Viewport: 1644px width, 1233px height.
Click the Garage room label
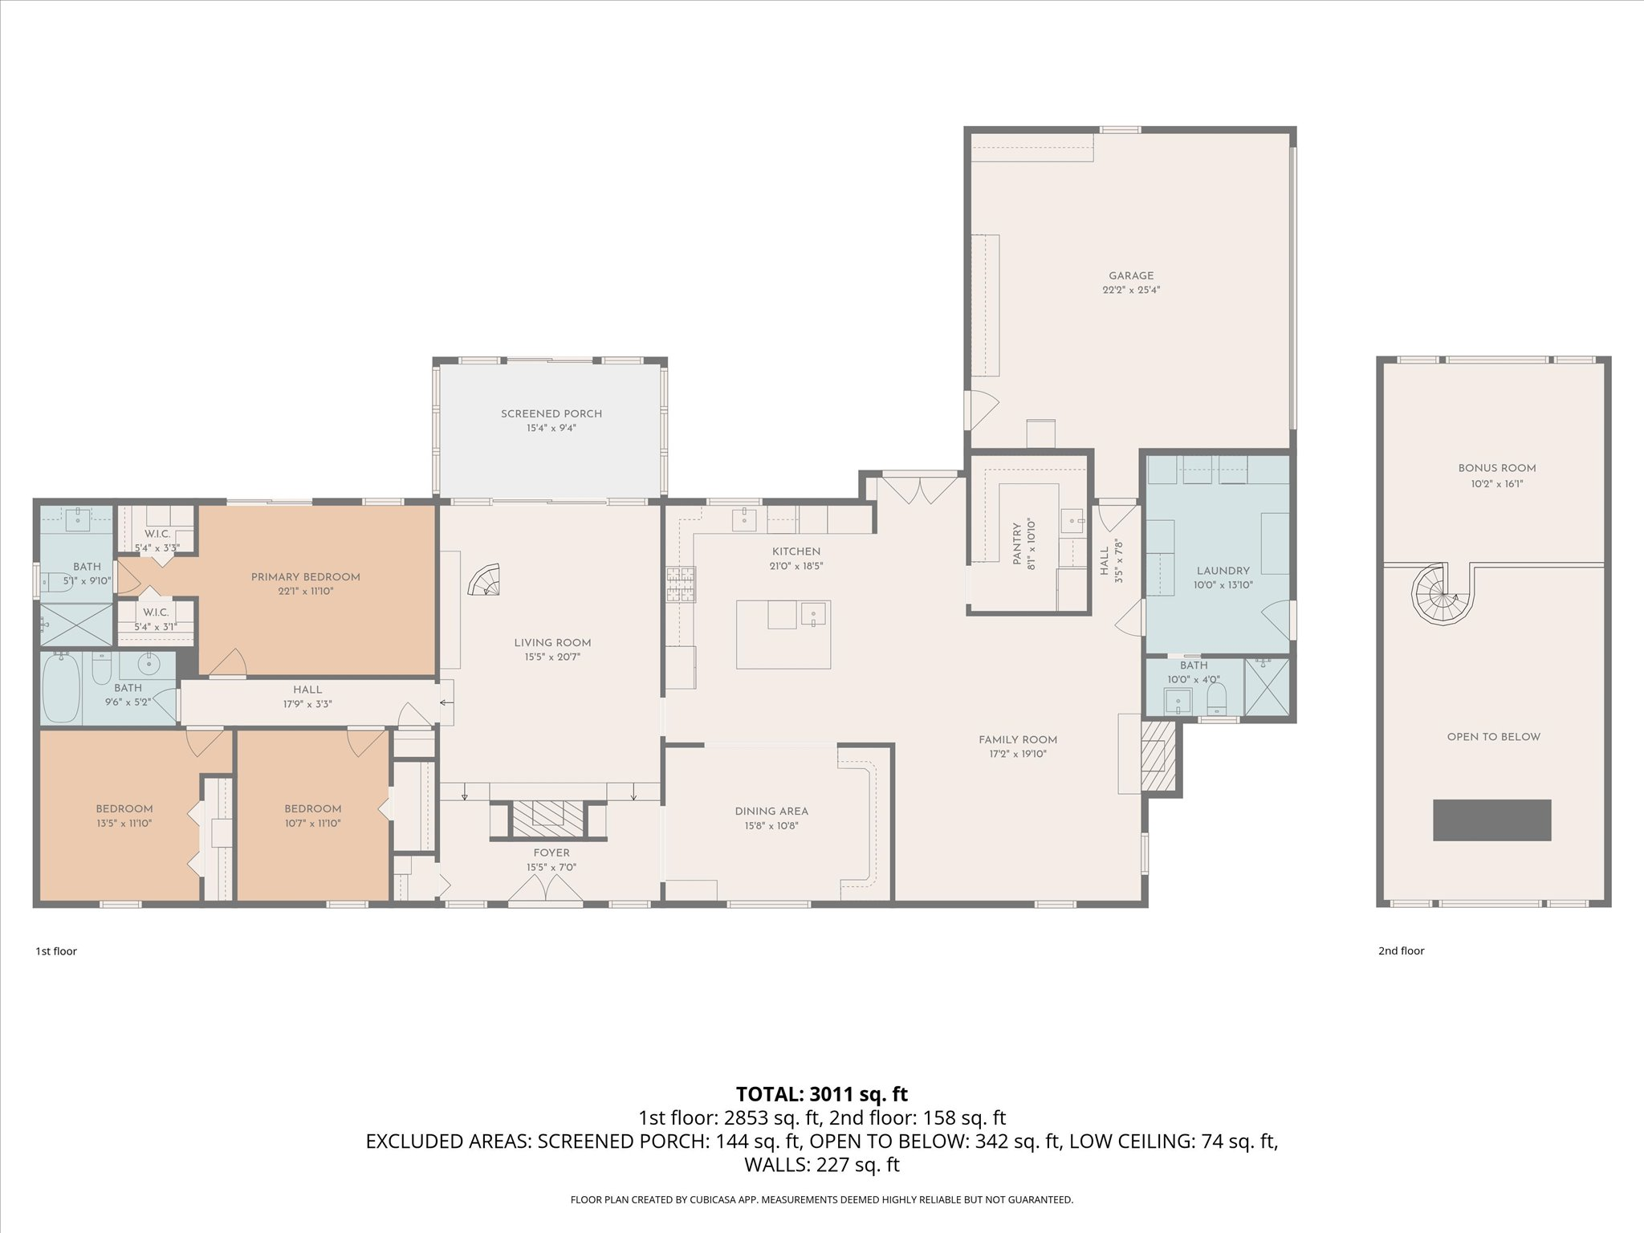(1131, 276)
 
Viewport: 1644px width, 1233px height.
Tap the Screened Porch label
(551, 414)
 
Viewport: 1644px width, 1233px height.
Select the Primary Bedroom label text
(305, 577)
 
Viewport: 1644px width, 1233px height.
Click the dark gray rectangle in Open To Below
(1492, 820)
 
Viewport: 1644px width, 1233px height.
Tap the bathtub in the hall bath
(62, 688)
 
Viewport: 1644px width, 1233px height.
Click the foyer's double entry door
(546, 889)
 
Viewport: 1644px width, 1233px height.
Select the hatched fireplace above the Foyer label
(549, 816)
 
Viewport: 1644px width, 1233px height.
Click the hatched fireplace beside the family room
(1158, 755)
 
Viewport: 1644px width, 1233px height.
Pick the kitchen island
(783, 634)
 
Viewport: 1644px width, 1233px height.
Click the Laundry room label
(1223, 572)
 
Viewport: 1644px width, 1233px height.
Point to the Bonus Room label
(1497, 469)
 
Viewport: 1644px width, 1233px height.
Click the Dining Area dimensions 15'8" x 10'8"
(771, 826)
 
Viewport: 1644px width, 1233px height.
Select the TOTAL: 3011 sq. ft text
(822, 1094)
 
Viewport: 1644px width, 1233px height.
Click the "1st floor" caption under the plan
(56, 951)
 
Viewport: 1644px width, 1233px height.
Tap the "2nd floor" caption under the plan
(1402, 951)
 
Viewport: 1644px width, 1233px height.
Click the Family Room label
(1018, 740)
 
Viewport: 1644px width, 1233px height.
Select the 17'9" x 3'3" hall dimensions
(307, 704)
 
